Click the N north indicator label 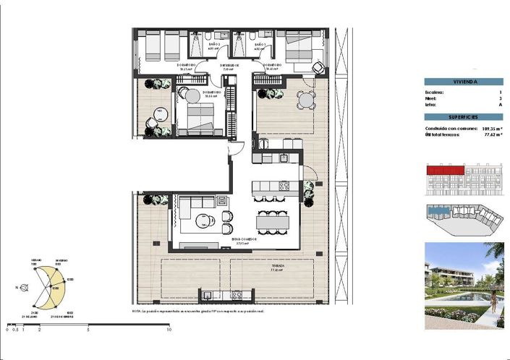17,287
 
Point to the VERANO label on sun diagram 35,260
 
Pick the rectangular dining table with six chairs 272,221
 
